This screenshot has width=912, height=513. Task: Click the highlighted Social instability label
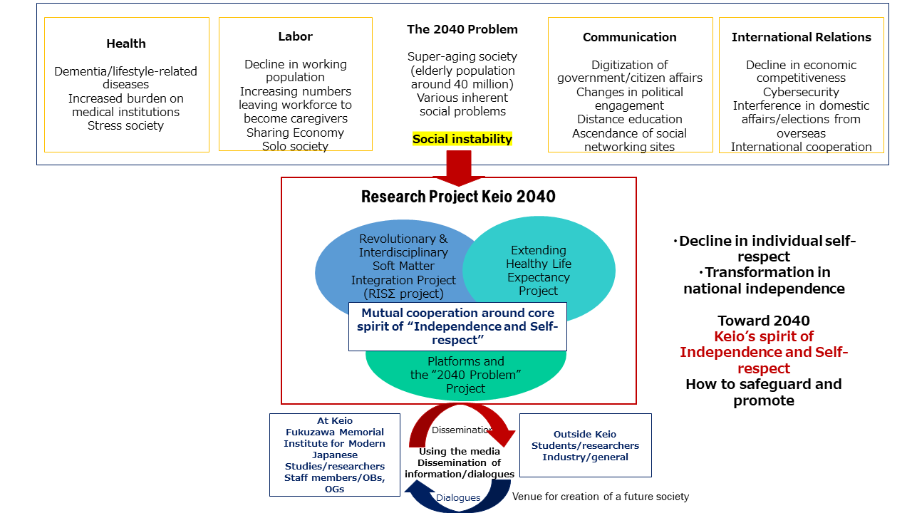(x=462, y=139)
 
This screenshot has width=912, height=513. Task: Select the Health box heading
(x=126, y=43)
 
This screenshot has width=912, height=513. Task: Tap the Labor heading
(x=295, y=36)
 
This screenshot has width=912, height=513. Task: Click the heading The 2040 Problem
(x=462, y=29)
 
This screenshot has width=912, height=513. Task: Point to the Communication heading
(x=630, y=37)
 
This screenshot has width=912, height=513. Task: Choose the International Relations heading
(x=801, y=37)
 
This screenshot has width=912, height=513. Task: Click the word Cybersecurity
(x=801, y=92)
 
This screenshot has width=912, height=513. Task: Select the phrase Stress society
(x=126, y=125)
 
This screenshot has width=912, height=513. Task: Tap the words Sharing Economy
(x=295, y=133)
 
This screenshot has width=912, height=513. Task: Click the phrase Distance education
(x=630, y=119)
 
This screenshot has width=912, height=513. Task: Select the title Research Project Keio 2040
(x=458, y=197)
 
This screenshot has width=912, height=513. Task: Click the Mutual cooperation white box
(x=457, y=326)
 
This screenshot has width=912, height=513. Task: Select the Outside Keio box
(x=585, y=445)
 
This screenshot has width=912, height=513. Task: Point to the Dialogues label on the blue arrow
(x=458, y=497)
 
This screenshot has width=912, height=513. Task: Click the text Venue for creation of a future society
(x=601, y=496)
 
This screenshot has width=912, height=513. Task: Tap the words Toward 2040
(x=763, y=321)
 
